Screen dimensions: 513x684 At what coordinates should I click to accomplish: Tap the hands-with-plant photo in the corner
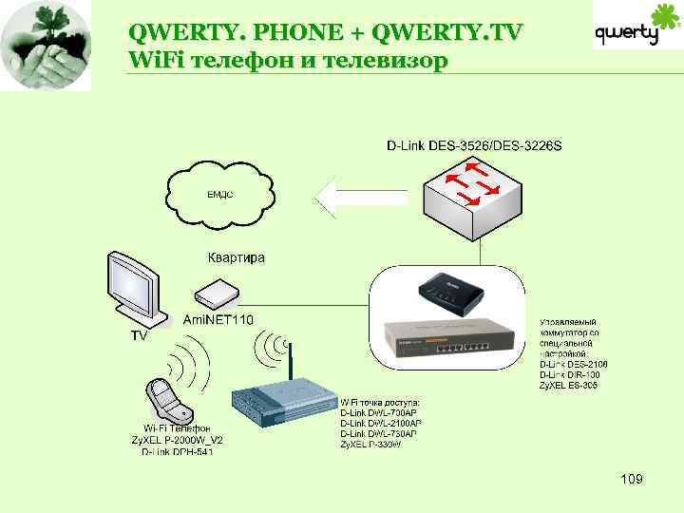46,45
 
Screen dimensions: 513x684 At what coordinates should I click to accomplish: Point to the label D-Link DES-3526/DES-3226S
473,146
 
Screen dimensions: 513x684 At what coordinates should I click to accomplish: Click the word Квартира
237,257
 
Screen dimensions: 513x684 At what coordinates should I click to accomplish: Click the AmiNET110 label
218,319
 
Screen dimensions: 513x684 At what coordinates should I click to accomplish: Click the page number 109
631,479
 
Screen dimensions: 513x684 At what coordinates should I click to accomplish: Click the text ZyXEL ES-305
568,386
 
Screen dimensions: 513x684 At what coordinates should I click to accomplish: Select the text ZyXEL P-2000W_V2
177,440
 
